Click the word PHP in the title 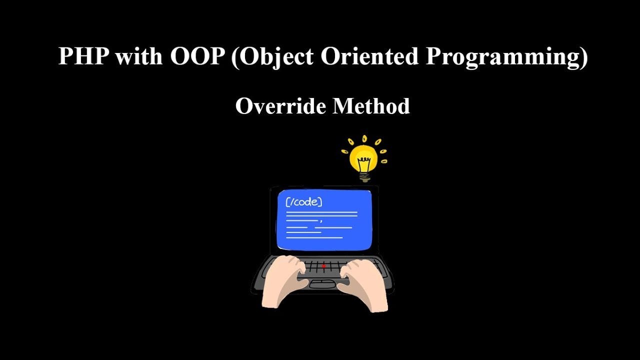83,56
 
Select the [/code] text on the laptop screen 303,202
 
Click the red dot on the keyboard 323,266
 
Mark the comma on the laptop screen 320,220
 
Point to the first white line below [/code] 321,213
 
